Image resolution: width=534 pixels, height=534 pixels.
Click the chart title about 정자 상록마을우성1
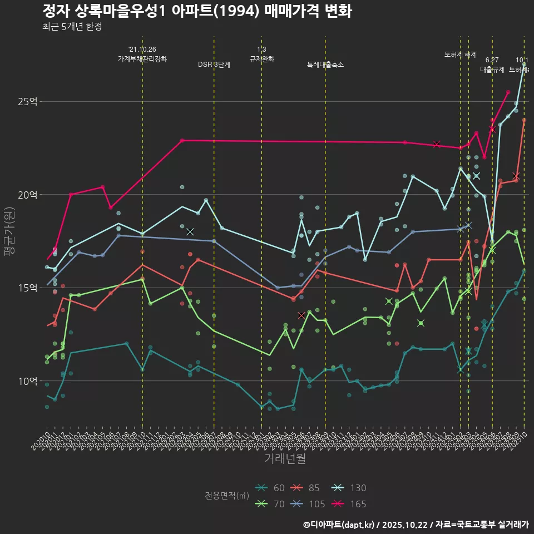pyautogui.click(x=197, y=12)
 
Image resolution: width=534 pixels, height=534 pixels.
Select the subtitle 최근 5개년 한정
pyautogui.click(x=72, y=27)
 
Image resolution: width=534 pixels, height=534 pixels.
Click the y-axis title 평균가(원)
pyautogui.click(x=9, y=231)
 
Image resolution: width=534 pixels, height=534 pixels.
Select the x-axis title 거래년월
pyautogui.click(x=285, y=459)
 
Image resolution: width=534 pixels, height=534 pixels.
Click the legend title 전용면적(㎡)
pyautogui.click(x=227, y=496)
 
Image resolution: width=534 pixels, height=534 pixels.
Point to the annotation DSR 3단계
pyautogui.click(x=214, y=65)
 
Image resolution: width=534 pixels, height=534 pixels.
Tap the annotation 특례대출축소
pyautogui.click(x=325, y=65)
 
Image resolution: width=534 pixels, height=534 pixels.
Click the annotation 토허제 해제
pyautogui.click(x=461, y=55)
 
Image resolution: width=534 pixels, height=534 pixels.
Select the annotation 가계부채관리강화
pyautogui.click(x=142, y=59)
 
